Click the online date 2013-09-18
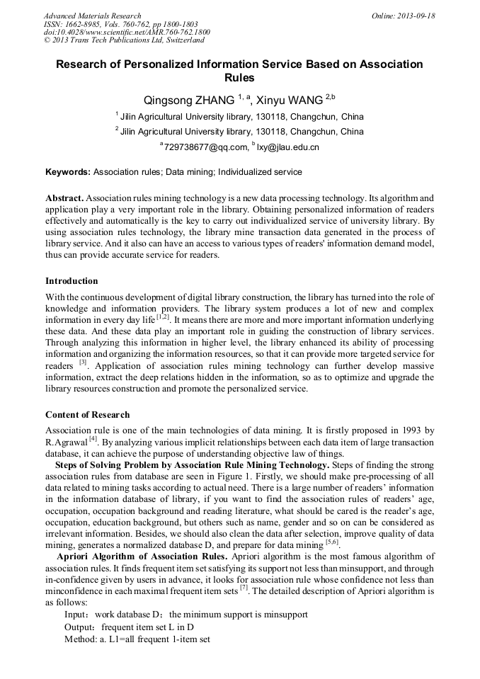coord(413,16)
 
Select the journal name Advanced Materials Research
coord(93,16)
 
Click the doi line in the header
coord(127,33)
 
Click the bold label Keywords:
coord(68,172)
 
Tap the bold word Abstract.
coord(64,198)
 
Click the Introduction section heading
coord(72,281)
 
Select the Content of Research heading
coord(87,414)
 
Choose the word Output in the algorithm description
coord(79,627)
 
